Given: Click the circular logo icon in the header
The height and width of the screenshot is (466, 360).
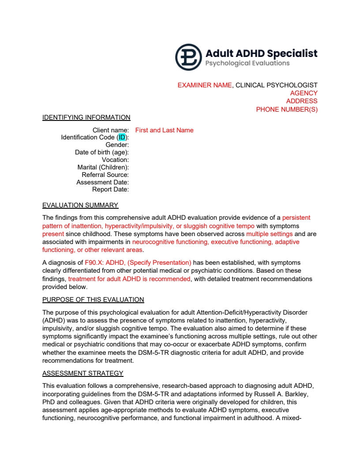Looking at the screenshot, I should coord(188,57).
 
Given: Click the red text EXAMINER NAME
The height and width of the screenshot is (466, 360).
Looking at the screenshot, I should coord(204,85).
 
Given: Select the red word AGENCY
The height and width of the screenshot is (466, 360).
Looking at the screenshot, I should coord(304,93).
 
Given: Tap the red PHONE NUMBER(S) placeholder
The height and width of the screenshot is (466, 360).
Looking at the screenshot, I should coord(287,109).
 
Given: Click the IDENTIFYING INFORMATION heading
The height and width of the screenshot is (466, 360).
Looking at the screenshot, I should coord(86,117).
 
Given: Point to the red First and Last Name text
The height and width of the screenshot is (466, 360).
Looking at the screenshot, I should coord(164,130).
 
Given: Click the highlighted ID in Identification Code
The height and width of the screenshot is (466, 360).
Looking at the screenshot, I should coord(122,138).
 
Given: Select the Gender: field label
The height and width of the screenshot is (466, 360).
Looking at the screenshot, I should coord(117,145).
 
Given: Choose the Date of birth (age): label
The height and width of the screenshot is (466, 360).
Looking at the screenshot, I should coord(101,152).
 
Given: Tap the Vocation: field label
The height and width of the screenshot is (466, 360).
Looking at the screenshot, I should coord(115,160).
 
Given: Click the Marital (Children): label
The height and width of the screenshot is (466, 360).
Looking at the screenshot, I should coord(103,167).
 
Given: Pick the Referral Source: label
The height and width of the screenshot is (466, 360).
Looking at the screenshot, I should coord(105,175).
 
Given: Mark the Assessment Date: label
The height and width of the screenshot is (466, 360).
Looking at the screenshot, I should coord(102,182).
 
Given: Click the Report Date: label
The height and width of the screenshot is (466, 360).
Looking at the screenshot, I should coord(110,190).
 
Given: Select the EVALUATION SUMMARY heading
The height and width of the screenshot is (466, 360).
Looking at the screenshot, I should coord(80,205).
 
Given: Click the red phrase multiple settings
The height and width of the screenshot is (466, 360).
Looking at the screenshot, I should coord(269,234).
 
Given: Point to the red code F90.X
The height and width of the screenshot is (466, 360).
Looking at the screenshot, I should coord(94,263).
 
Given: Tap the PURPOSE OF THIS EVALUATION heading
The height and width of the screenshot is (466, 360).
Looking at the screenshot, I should coord(93,300).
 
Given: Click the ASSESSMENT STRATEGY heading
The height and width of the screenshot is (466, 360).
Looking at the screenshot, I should coord(82,373).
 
